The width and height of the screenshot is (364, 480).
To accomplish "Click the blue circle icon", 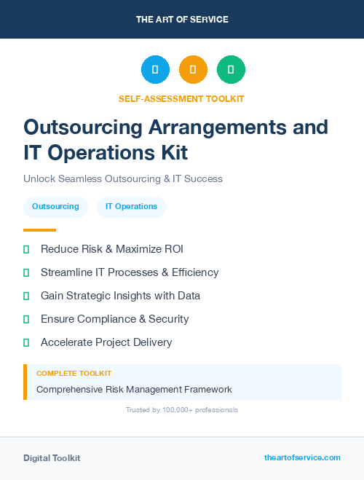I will point(155,69).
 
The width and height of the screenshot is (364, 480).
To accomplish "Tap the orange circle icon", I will point(193,69).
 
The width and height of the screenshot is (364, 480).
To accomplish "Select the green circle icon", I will point(231,69).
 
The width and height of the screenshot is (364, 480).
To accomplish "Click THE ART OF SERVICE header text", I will point(182,20).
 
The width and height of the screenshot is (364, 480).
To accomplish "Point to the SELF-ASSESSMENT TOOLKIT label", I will point(181,98).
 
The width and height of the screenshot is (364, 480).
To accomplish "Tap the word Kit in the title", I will point(174,152).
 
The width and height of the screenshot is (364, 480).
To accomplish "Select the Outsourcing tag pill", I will point(55,207).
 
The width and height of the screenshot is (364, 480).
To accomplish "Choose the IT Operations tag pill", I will point(131,207).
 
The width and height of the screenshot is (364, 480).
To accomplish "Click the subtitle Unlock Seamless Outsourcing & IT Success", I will point(122,178).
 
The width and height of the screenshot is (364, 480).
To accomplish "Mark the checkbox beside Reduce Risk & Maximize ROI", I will point(26,250).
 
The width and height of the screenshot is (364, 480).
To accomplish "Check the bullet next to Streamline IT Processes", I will point(26,273).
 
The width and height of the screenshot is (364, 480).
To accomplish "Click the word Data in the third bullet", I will point(188,296).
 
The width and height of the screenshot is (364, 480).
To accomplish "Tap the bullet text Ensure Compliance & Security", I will point(114,319).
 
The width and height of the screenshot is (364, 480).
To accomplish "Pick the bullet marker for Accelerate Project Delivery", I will point(26,342).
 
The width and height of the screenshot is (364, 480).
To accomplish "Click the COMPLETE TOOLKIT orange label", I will point(74,373).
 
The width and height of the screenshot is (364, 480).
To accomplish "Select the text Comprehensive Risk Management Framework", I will point(134,390).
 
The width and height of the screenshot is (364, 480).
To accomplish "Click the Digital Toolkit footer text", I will point(52,458).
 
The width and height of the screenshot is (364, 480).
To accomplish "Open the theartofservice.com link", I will point(302,457).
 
